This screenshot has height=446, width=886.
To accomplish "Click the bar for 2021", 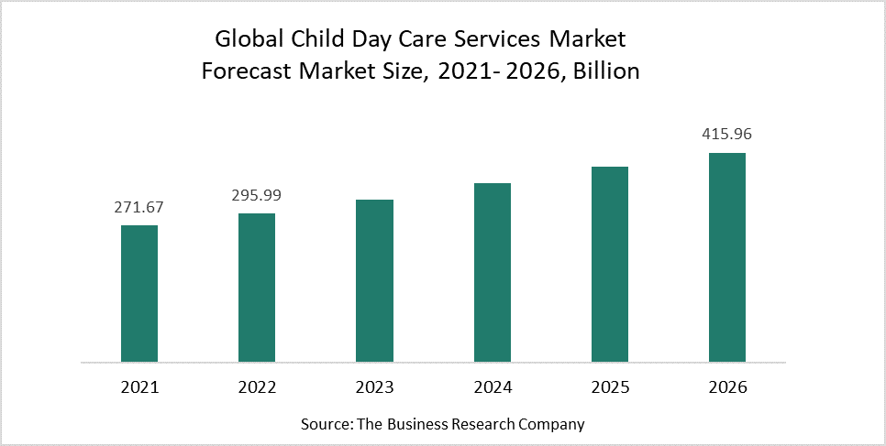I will click(x=139, y=293).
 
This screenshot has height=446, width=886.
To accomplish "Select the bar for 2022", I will click(x=257, y=288).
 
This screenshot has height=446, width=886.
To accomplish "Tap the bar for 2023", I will click(x=374, y=280).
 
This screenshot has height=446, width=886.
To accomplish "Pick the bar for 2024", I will click(x=493, y=272).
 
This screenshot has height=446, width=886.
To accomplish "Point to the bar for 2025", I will click(x=610, y=264).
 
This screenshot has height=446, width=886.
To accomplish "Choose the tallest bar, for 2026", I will click(x=727, y=256).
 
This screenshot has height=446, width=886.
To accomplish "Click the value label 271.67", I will click(x=139, y=208).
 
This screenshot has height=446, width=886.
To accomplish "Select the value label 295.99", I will click(x=257, y=196).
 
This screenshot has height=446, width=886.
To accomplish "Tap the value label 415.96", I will click(x=727, y=135).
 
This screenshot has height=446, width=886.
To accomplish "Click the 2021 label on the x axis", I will click(x=139, y=387).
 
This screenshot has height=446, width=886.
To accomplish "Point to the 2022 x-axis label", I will click(x=257, y=387).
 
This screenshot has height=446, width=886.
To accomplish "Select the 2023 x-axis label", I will click(x=374, y=387).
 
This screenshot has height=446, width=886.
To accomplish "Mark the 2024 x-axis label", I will click(x=493, y=387).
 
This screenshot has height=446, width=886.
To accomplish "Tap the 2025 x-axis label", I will click(x=610, y=387).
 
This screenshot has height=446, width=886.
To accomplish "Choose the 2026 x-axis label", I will click(x=727, y=387).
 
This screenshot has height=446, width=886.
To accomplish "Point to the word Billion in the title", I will click(x=605, y=71).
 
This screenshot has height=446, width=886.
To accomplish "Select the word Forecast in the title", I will click(x=247, y=71).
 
